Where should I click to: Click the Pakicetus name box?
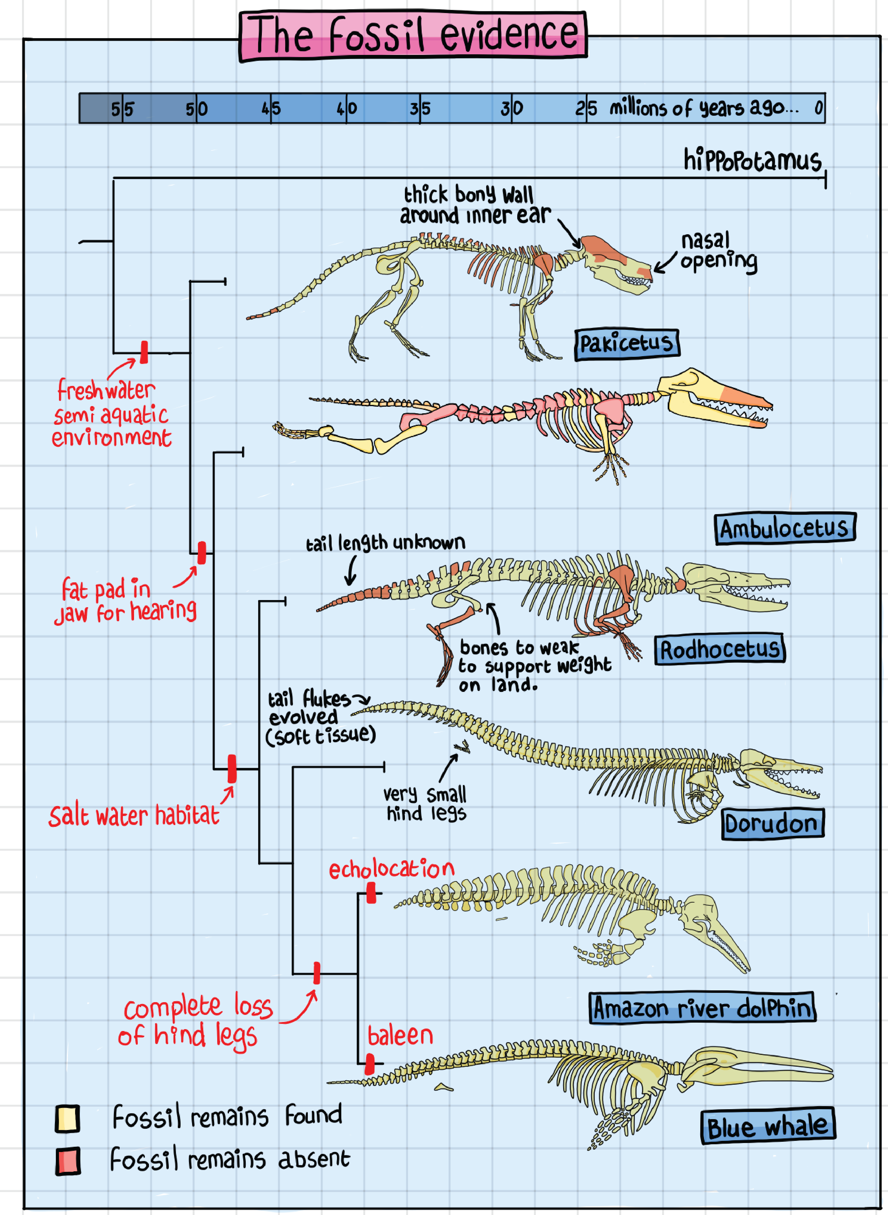click(627, 344)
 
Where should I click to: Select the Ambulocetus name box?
click(784, 529)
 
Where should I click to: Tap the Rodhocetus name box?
click(719, 649)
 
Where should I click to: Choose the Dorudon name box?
click(772, 823)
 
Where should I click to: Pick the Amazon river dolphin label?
click(702, 1007)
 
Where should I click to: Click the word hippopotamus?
click(752, 160)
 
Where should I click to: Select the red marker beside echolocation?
click(371, 893)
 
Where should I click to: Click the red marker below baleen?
click(370, 1064)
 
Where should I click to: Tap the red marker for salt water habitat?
click(232, 769)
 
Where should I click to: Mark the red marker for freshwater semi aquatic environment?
click(144, 352)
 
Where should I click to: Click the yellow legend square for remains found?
click(68, 1119)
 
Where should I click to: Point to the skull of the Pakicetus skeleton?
click(618, 263)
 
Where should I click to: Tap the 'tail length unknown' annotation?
click(385, 543)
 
